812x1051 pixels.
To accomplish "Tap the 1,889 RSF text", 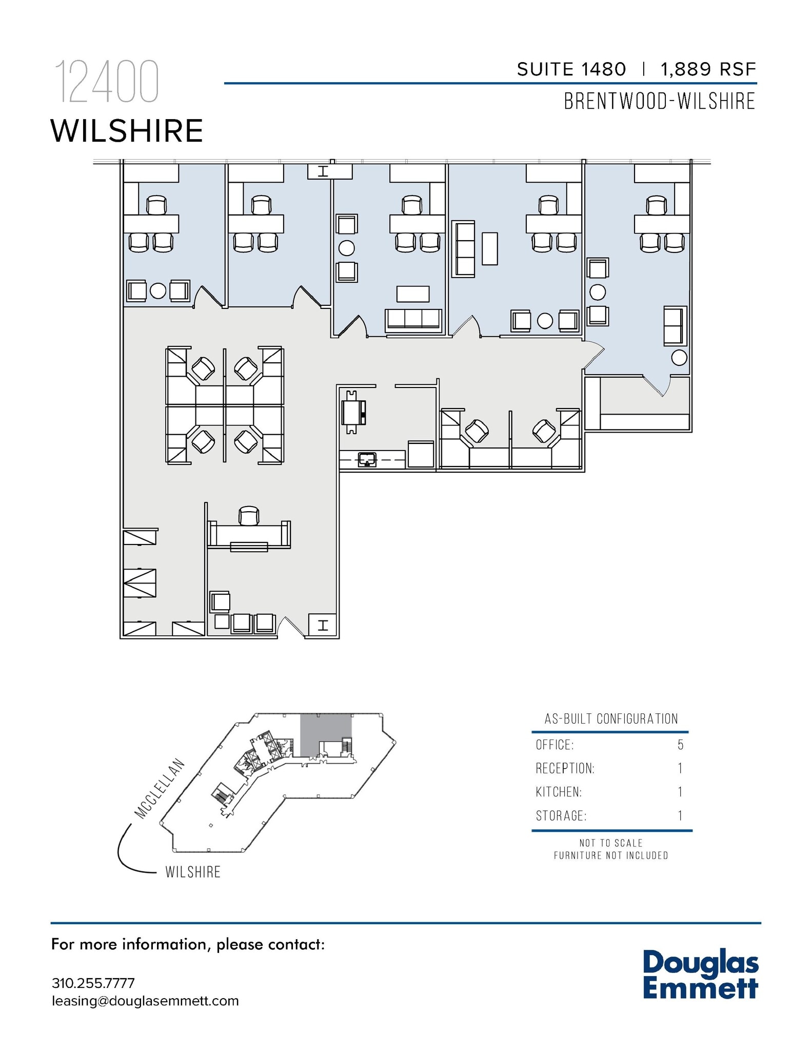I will (x=708, y=69).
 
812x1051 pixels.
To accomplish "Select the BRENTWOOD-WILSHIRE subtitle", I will (x=659, y=101).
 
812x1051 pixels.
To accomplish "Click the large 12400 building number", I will (x=107, y=82).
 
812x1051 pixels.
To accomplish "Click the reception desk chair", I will (x=249, y=516).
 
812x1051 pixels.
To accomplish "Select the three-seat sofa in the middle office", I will (x=413, y=319).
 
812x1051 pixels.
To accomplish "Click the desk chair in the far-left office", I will (x=156, y=205).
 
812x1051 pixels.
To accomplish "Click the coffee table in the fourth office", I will (x=489, y=248).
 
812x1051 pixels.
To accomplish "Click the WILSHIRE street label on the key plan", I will (x=193, y=872).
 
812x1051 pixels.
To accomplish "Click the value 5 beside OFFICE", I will (x=680, y=745).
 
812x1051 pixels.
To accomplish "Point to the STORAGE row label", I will (x=561, y=815).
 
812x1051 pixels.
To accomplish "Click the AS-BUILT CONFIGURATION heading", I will (x=611, y=718).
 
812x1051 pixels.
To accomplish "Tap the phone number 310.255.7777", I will (x=93, y=983).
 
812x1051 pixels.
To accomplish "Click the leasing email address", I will (x=145, y=1001).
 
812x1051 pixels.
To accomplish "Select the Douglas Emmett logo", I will (x=700, y=974).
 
